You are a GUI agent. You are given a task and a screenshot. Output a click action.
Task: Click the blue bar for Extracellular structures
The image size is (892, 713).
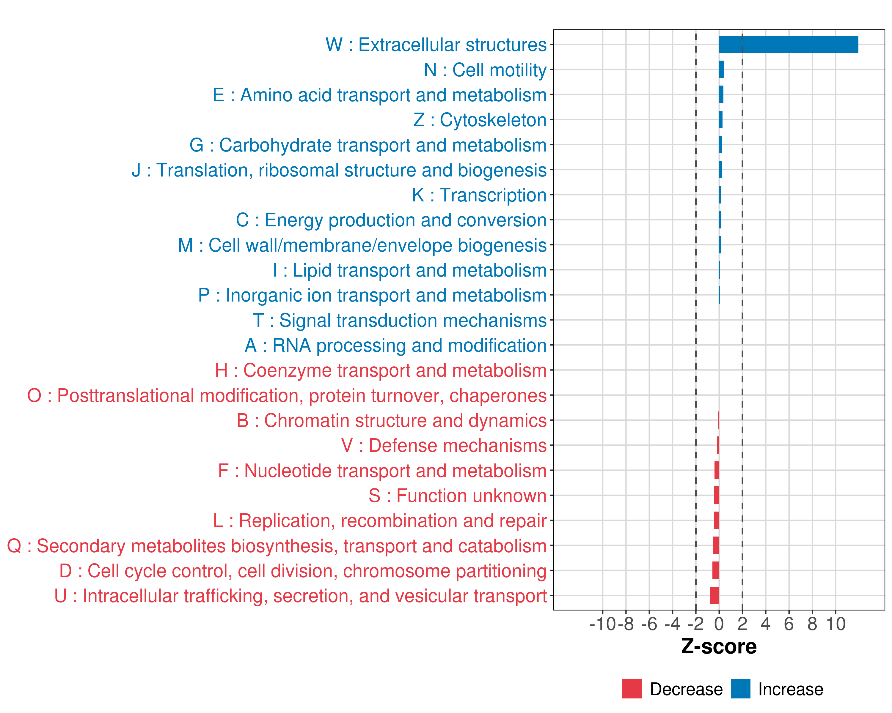pyautogui.click(x=788, y=45)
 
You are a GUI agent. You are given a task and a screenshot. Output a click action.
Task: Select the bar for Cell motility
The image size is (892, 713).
pyautogui.click(x=721, y=70)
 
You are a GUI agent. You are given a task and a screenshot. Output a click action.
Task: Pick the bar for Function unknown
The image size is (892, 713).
pyautogui.click(x=716, y=495)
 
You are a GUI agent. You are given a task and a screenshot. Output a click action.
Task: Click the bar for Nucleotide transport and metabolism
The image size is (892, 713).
pyautogui.click(x=717, y=470)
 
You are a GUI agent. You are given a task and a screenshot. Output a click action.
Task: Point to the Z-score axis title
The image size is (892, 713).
pyautogui.click(x=719, y=646)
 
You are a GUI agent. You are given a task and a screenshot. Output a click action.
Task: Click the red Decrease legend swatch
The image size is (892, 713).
pyautogui.click(x=632, y=689)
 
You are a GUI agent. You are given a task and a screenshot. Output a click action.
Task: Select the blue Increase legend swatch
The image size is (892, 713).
pyautogui.click(x=740, y=689)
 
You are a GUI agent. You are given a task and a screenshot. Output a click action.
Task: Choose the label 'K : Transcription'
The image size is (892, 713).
pyautogui.click(x=479, y=195)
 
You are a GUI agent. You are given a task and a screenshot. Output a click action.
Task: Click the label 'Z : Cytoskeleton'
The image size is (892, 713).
pyautogui.click(x=480, y=120)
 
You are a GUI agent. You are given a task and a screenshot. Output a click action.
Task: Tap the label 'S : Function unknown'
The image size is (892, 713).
pyautogui.click(x=458, y=496)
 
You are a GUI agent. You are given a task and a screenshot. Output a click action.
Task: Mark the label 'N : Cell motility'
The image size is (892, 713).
pyautogui.click(x=485, y=70)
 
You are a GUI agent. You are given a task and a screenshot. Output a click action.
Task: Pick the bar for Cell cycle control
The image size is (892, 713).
pyautogui.click(x=716, y=570)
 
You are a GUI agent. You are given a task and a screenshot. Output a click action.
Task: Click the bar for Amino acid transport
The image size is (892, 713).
pyautogui.click(x=721, y=95)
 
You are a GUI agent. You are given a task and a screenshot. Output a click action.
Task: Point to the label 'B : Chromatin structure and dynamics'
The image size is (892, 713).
pyautogui.click(x=391, y=421)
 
